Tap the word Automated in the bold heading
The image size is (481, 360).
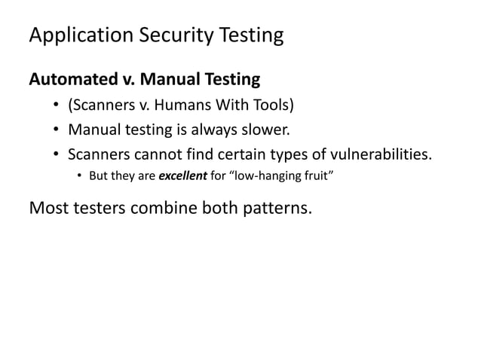(67, 78)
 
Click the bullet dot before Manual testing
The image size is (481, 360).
(57, 131)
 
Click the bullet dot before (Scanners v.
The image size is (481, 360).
(57, 105)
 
